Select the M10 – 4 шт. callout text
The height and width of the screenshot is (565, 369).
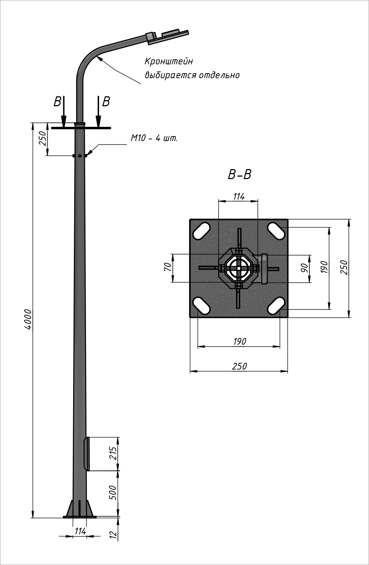click(154, 138)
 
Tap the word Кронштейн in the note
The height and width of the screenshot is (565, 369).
click(169, 61)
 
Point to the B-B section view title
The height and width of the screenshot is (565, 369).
click(239, 174)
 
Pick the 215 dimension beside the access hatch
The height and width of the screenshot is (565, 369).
click(113, 453)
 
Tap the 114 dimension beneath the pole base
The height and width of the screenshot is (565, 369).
click(81, 531)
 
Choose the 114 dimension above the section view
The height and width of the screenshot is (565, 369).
click(239, 196)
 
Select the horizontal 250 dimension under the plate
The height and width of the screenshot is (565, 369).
click(239, 366)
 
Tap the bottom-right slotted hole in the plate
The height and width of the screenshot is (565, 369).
click(276, 306)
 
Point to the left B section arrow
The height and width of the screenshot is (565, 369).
click(63, 111)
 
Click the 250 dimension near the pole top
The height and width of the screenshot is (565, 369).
click(42, 139)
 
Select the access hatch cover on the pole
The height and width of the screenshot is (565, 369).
click(86, 454)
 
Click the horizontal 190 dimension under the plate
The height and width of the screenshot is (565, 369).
click(239, 341)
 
